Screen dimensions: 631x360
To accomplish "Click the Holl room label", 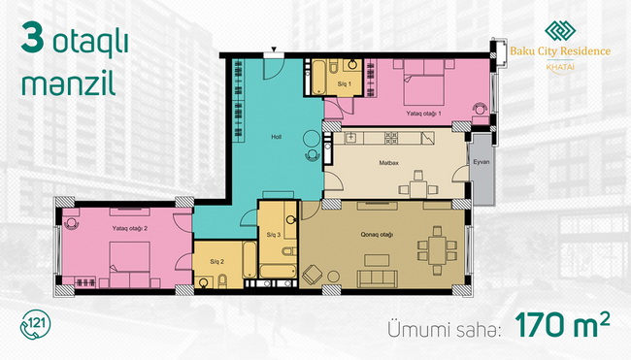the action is pos(276,137).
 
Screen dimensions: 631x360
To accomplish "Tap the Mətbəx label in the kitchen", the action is pos(388,163).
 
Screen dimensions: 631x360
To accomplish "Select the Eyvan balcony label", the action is pos(482,162).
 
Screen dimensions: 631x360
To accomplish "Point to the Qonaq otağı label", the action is pos(377,235).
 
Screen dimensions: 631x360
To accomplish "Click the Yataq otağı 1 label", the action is pos(423,114).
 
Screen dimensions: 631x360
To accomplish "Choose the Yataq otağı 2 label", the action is pos(129,228).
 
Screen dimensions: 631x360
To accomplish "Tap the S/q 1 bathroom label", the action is pos(344,84).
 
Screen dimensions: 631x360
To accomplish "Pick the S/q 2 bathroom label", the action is pos(216,261).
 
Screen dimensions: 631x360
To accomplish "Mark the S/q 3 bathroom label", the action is pos(273,235).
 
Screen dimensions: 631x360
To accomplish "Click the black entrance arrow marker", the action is pos(274,49).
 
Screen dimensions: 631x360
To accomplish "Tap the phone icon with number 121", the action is pos(35,325).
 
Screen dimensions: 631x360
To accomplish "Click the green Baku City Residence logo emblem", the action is pos(560,31).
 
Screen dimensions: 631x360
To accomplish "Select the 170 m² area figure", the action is pos(562,325).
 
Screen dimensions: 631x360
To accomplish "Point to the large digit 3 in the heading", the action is pos(33,38).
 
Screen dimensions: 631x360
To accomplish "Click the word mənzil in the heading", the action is pos(68,84).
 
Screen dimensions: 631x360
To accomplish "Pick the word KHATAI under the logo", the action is pos(560,67).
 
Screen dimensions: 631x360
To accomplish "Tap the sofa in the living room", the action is pos(378,278).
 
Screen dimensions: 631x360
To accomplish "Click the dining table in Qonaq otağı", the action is pos(437,250).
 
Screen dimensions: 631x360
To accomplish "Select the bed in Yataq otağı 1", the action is pos(424,82).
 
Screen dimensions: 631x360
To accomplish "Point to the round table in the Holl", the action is pos(312,139).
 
